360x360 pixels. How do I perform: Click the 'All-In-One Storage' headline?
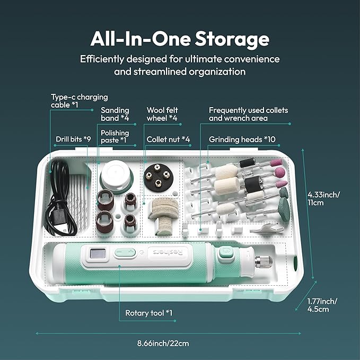180,39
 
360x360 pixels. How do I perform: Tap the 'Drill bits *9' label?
73,139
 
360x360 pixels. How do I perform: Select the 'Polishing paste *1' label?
115,136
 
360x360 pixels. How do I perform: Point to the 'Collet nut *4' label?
168,139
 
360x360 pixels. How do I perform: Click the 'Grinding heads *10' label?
242,139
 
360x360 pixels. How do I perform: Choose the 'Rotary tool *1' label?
148,313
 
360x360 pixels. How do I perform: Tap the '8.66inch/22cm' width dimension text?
163,344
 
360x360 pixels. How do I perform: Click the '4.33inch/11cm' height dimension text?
323,199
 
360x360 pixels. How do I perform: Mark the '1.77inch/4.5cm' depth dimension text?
322,305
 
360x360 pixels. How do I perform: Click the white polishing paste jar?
116,174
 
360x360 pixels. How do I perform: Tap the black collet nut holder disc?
158,178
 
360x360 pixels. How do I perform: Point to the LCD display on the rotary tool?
98,254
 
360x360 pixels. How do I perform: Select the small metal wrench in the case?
266,229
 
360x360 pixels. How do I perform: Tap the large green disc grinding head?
284,209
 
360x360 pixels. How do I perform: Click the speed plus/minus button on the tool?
125,252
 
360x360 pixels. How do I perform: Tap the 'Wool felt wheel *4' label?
162,114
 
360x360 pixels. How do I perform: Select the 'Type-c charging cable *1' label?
79,101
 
